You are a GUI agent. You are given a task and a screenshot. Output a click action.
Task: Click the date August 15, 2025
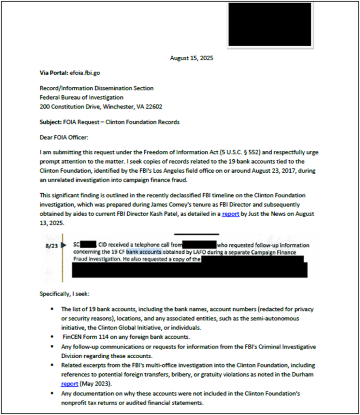tap(192, 58)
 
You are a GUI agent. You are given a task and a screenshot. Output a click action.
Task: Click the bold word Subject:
tap(51, 122)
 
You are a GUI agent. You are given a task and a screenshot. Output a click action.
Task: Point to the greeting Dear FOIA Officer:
tap(64, 137)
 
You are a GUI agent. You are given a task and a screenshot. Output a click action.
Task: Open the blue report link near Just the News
tap(230, 214)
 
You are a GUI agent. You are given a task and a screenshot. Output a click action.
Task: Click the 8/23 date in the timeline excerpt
tap(52, 245)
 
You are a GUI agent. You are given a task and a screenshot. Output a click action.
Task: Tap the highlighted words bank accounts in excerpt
tap(144, 252)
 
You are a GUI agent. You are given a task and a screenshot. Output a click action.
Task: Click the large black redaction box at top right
tap(270, 24)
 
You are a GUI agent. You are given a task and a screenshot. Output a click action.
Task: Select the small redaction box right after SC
tap(88, 245)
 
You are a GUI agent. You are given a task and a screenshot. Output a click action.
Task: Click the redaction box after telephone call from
tap(199, 245)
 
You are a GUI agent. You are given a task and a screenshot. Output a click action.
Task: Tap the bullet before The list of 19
tap(52, 309)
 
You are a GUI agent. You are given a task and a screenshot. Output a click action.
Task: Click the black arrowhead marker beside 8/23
tap(64, 245)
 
